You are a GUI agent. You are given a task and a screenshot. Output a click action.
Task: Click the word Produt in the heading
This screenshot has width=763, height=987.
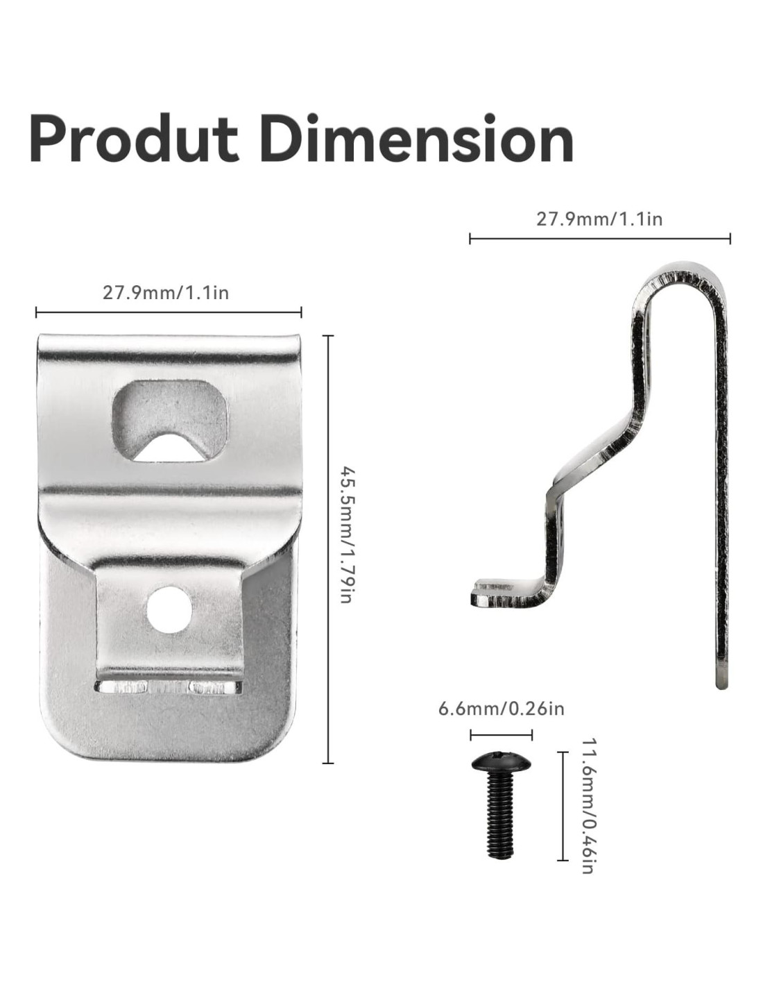[135, 137]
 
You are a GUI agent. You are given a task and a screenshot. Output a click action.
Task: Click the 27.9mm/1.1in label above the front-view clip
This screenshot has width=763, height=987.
[166, 293]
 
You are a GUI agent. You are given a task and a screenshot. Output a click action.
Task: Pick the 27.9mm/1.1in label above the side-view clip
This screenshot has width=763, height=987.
[599, 219]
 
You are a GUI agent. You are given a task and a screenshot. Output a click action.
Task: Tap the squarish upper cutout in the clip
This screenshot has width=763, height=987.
[169, 418]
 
